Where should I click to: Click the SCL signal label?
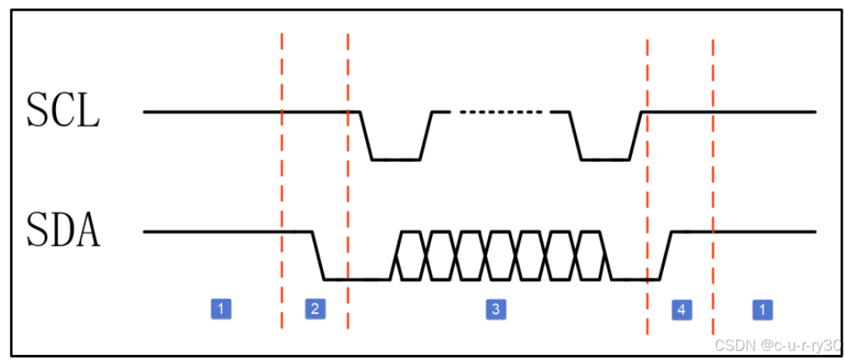[63, 111]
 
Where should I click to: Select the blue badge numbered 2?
[314, 309]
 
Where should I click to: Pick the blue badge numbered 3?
[495, 309]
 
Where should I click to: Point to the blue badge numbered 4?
[681, 309]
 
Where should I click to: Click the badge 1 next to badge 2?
[221, 309]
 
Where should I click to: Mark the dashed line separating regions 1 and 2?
[282, 182]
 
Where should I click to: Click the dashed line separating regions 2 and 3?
[348, 182]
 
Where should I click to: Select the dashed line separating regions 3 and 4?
[647, 182]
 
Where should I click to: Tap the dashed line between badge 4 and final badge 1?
[712, 182]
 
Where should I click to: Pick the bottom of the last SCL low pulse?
[605, 159]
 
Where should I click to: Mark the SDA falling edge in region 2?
[317, 255]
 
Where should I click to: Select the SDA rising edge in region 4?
[667, 255]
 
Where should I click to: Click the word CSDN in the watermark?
[730, 343]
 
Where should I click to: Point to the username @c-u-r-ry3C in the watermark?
[796, 343]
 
